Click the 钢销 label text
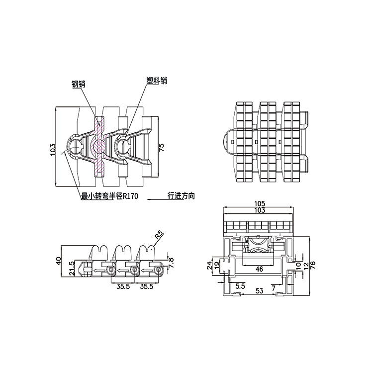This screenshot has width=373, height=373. click(x=79, y=84)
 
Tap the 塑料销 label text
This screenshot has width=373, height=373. click(x=157, y=81)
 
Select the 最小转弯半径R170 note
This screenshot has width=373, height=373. click(x=109, y=196)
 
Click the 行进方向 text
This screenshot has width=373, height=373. click(x=181, y=195)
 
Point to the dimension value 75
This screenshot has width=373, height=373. click(x=161, y=148)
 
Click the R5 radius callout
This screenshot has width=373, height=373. click(x=160, y=235)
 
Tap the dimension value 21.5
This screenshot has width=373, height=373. click(x=72, y=269)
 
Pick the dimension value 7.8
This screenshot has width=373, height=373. click(x=171, y=263)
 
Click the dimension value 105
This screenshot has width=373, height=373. click(x=260, y=203)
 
